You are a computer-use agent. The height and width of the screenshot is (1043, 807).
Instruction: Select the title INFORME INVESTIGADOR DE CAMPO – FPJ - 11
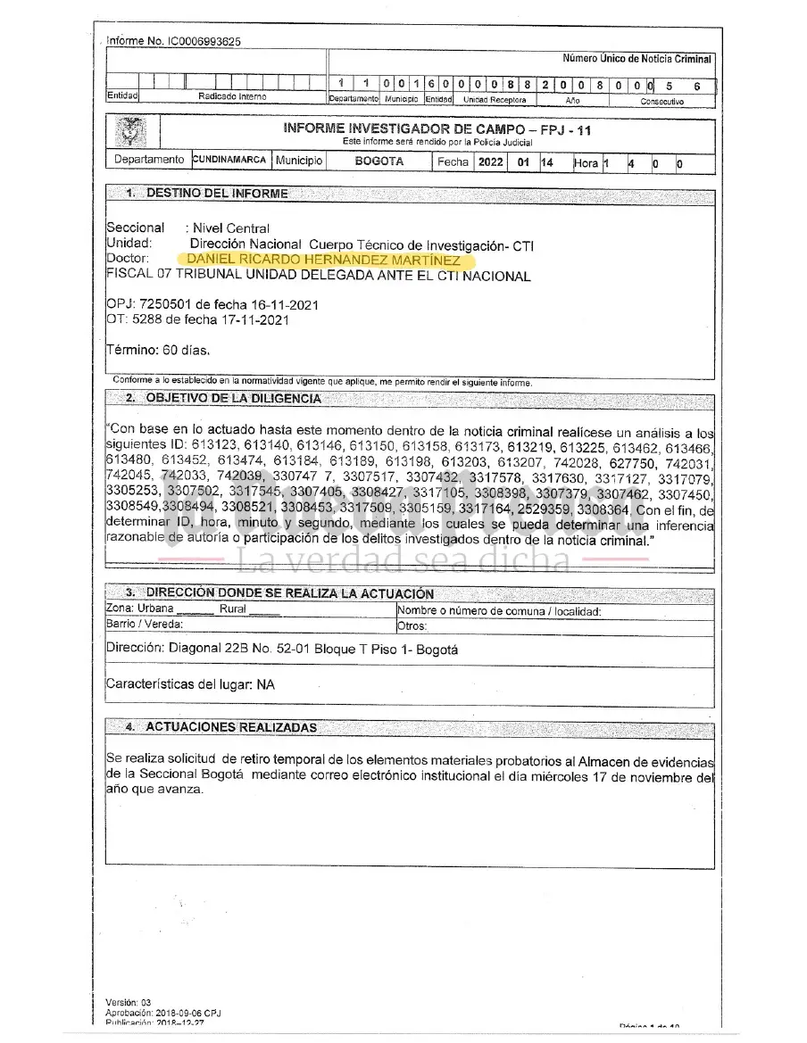437,129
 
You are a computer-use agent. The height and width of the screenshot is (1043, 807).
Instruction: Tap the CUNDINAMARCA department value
229,161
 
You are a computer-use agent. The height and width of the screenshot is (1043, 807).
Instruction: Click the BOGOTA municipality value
379,161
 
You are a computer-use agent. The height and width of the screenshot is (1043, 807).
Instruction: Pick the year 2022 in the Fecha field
491,162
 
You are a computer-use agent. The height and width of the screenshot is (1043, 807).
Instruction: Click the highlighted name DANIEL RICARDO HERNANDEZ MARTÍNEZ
320,260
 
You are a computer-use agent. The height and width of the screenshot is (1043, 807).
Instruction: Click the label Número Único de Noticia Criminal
636,59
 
